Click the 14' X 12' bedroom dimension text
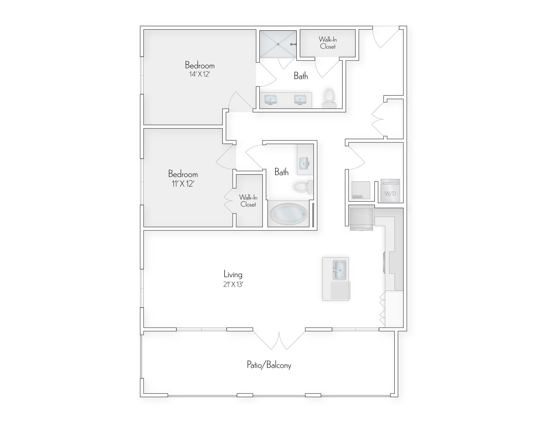(x=199, y=74)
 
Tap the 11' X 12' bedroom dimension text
(x=183, y=184)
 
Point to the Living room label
(x=233, y=274)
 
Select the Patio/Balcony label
(x=269, y=365)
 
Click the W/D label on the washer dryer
(x=390, y=194)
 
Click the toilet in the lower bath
(x=303, y=187)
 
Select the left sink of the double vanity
(x=270, y=99)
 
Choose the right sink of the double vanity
(x=300, y=99)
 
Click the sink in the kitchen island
(x=339, y=270)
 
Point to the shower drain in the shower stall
(x=278, y=44)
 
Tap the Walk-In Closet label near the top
(x=328, y=43)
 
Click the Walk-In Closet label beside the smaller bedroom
(x=248, y=201)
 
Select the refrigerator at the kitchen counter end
(x=361, y=217)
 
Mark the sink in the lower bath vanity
(x=304, y=163)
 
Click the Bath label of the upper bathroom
(x=301, y=76)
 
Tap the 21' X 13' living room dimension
(x=233, y=285)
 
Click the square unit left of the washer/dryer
(x=361, y=190)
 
